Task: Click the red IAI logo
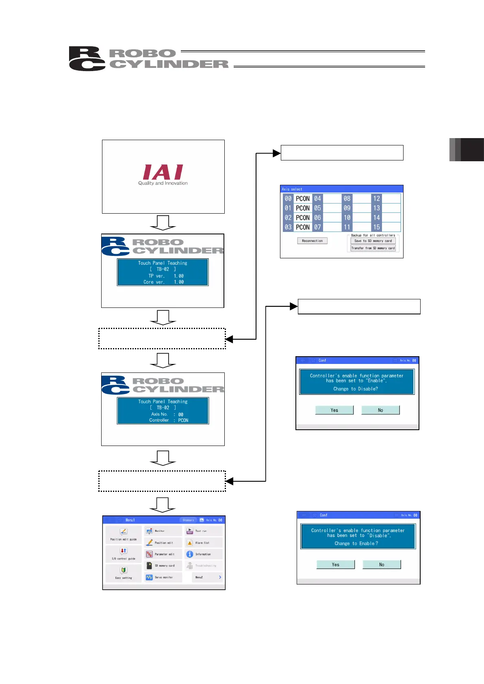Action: [163, 172]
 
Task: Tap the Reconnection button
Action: [312, 241]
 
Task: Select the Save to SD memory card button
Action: [373, 241]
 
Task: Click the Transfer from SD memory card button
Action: [373, 248]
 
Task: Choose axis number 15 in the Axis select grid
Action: [377, 227]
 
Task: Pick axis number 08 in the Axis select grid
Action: [347, 199]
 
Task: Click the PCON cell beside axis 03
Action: [303, 227]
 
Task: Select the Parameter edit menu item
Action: [163, 554]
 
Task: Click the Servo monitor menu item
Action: [163, 577]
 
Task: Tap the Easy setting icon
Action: [124, 570]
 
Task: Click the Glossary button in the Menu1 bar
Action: [188, 520]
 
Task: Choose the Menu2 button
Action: [207, 577]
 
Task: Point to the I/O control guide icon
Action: [124, 551]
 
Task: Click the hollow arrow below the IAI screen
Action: [163, 222]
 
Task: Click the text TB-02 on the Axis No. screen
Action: [163, 408]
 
